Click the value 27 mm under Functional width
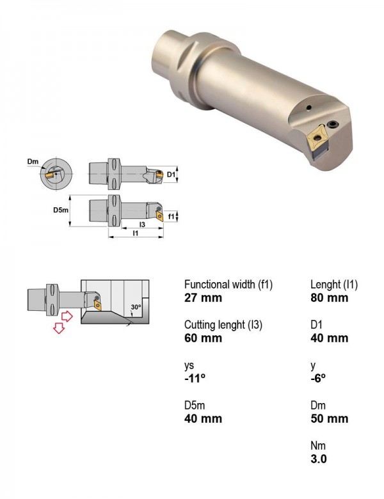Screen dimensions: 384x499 tap(203, 298)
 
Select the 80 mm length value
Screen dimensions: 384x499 tap(329, 298)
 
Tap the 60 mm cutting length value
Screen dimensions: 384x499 tap(203, 338)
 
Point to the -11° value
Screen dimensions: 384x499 tap(195, 378)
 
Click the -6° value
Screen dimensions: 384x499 tap(318, 378)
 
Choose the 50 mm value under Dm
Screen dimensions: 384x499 tap(329, 418)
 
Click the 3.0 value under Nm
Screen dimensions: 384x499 tap(319, 459)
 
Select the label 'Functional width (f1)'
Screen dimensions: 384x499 tap(228, 284)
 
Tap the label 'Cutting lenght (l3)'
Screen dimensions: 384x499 tap(223, 324)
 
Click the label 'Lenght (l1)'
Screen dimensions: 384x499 tap(334, 284)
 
